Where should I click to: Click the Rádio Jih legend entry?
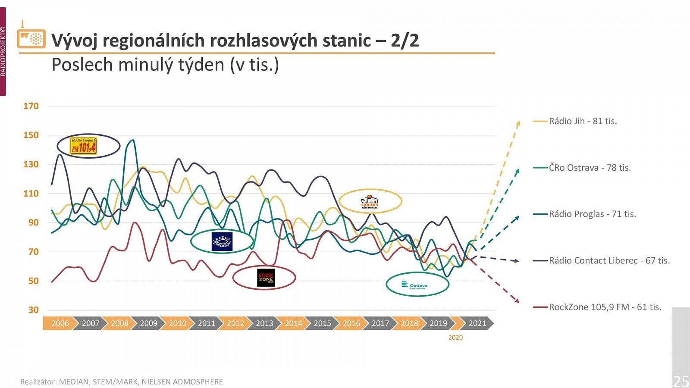tap(582, 121)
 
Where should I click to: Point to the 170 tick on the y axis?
tap(31, 106)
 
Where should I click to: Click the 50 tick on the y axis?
tap(33, 281)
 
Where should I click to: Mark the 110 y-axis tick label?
tap(31, 194)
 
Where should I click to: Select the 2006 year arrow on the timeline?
tap(60, 323)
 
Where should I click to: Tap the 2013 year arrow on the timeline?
tap(264, 323)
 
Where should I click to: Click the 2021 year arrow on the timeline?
tap(477, 323)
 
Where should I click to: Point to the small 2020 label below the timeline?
tap(455, 338)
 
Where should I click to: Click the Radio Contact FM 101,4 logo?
tap(84, 146)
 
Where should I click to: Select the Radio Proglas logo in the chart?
tap(222, 241)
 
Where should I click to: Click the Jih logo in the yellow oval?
tap(370, 201)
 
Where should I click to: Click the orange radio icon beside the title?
tap(31, 38)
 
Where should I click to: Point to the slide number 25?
tap(681, 381)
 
